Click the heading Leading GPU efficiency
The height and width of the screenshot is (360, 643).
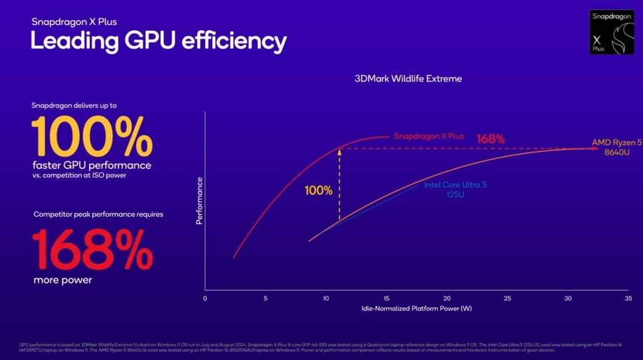click(x=159, y=41)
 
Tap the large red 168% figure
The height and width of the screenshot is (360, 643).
click(x=92, y=250)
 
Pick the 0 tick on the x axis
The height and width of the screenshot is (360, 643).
click(x=205, y=298)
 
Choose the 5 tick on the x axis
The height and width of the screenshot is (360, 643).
click(x=266, y=298)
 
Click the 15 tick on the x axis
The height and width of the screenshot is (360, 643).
click(x=386, y=298)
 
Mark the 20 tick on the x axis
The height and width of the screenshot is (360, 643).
click(x=446, y=298)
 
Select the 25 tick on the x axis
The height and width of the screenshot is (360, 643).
click(x=507, y=298)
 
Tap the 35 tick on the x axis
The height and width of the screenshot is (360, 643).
click(x=628, y=298)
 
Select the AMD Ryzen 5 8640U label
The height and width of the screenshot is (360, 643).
click(x=617, y=147)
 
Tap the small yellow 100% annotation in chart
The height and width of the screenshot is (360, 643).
click(x=319, y=190)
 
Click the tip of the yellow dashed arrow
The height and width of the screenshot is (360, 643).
click(x=340, y=149)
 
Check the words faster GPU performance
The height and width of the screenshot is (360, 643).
click(x=92, y=165)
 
